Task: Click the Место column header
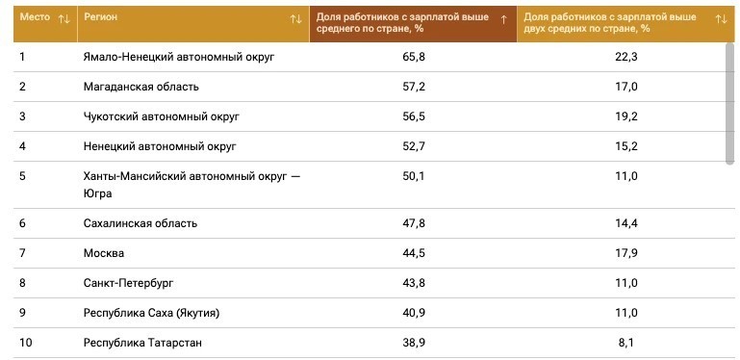[35, 17]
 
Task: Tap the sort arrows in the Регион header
[296, 19]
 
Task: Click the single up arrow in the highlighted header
[503, 19]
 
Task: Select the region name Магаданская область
[141, 87]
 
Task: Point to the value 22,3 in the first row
[627, 57]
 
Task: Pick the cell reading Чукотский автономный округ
[162, 116]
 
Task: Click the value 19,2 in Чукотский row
[627, 116]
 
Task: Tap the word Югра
[98, 193]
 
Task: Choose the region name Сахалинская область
[140, 223]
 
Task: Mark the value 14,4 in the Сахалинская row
[627, 223]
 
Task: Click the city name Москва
[104, 253]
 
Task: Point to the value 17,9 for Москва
[627, 253]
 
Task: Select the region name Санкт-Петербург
[128, 283]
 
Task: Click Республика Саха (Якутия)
[151, 313]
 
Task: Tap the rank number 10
[25, 343]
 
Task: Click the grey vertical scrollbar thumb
[729, 103]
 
